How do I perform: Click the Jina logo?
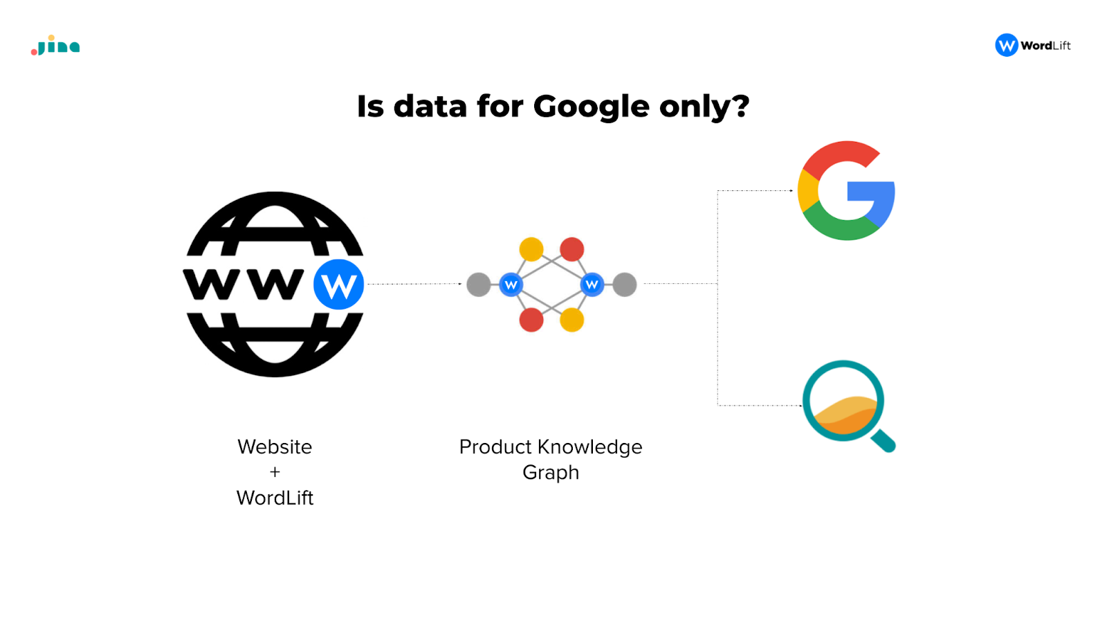[x=55, y=46]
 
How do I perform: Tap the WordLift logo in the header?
[x=1033, y=45]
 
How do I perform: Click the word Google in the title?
[x=591, y=107]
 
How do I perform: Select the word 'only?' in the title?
[x=705, y=107]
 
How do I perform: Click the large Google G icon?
[x=846, y=190]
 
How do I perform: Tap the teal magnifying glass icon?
[x=849, y=406]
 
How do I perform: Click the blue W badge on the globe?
[x=338, y=285]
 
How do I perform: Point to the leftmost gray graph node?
[x=478, y=285]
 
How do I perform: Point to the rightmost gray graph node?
[x=625, y=285]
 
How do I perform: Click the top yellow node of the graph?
[x=531, y=249]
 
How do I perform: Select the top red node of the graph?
[x=571, y=249]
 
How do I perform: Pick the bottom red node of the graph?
[x=531, y=320]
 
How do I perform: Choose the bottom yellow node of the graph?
[x=571, y=320]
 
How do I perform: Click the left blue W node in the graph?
[x=511, y=285]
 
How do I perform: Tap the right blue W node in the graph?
[x=592, y=285]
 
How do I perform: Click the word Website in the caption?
[x=275, y=447]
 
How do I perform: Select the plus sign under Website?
[x=275, y=472]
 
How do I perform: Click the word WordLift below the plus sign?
[x=275, y=498]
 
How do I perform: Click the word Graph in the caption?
[x=551, y=473]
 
